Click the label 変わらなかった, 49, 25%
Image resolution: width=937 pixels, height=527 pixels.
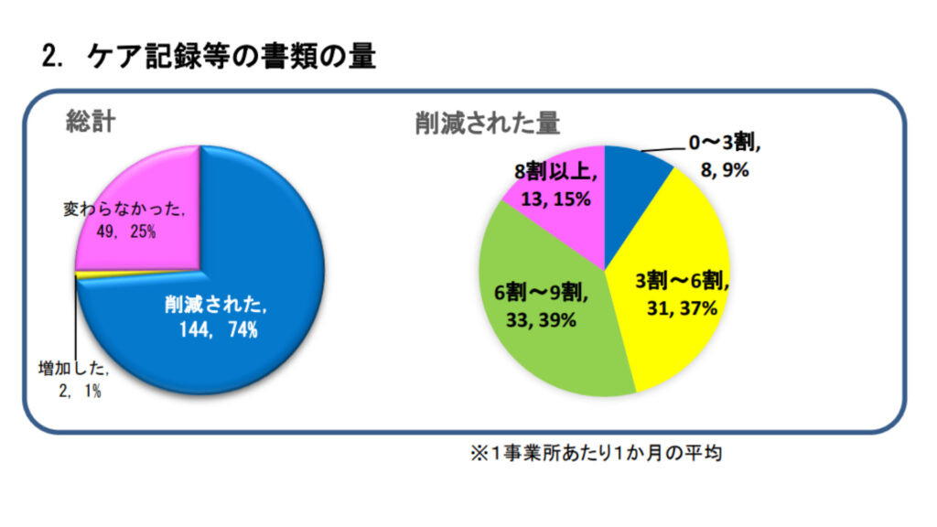(124, 220)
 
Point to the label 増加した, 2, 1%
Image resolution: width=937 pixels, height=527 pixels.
(73, 381)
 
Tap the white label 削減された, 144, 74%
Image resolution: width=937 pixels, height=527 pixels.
(216, 317)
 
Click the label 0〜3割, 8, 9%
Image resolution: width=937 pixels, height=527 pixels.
(723, 156)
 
